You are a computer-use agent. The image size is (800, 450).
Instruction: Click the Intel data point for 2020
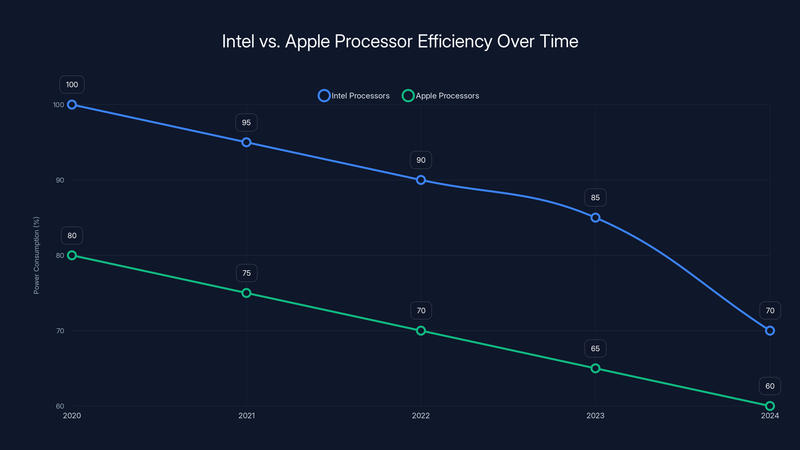pyautogui.click(x=72, y=105)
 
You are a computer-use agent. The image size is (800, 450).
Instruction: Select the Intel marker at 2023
pyautogui.click(x=595, y=218)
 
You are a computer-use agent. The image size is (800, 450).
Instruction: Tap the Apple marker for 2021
pyautogui.click(x=246, y=293)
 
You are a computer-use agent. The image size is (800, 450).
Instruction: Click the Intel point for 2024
pyautogui.click(x=769, y=331)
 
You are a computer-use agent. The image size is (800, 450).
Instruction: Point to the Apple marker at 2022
pyautogui.click(x=421, y=331)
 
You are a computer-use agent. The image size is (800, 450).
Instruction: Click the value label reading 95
pyautogui.click(x=246, y=123)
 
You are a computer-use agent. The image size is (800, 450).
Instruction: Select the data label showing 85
pyautogui.click(x=595, y=197)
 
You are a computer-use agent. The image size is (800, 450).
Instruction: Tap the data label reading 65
pyautogui.click(x=595, y=348)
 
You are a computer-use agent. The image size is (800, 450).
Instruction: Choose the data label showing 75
pyautogui.click(x=246, y=273)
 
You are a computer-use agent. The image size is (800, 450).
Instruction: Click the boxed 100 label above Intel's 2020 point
pyautogui.click(x=72, y=84)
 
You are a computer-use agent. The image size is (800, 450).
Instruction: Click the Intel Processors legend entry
pyautogui.click(x=354, y=96)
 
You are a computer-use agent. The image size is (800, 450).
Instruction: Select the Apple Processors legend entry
pyautogui.click(x=441, y=96)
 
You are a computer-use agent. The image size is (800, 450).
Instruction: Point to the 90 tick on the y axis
pyautogui.click(x=60, y=180)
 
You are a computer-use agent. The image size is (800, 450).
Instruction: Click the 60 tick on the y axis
pyautogui.click(x=60, y=406)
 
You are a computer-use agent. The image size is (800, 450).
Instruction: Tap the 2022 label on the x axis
pyautogui.click(x=421, y=415)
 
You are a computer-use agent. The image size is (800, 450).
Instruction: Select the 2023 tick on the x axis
pyautogui.click(x=595, y=415)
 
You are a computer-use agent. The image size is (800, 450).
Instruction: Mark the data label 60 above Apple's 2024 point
pyautogui.click(x=769, y=386)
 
